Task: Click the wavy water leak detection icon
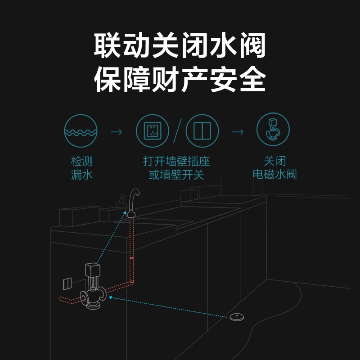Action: [x=81, y=131]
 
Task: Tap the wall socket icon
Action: [x=153, y=131]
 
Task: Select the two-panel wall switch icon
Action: [x=202, y=131]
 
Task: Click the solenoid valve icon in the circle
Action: [x=273, y=131]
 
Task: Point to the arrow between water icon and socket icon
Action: [x=117, y=132]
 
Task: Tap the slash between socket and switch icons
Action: [x=177, y=131]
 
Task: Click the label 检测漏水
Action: [x=82, y=168]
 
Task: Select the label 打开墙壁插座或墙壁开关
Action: [x=177, y=168]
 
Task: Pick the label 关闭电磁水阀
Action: [x=274, y=168]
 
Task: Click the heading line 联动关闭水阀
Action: [x=180, y=45]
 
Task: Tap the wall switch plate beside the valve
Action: [x=66, y=283]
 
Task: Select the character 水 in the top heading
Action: [x=215, y=45]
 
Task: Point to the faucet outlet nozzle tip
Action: [x=131, y=213]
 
